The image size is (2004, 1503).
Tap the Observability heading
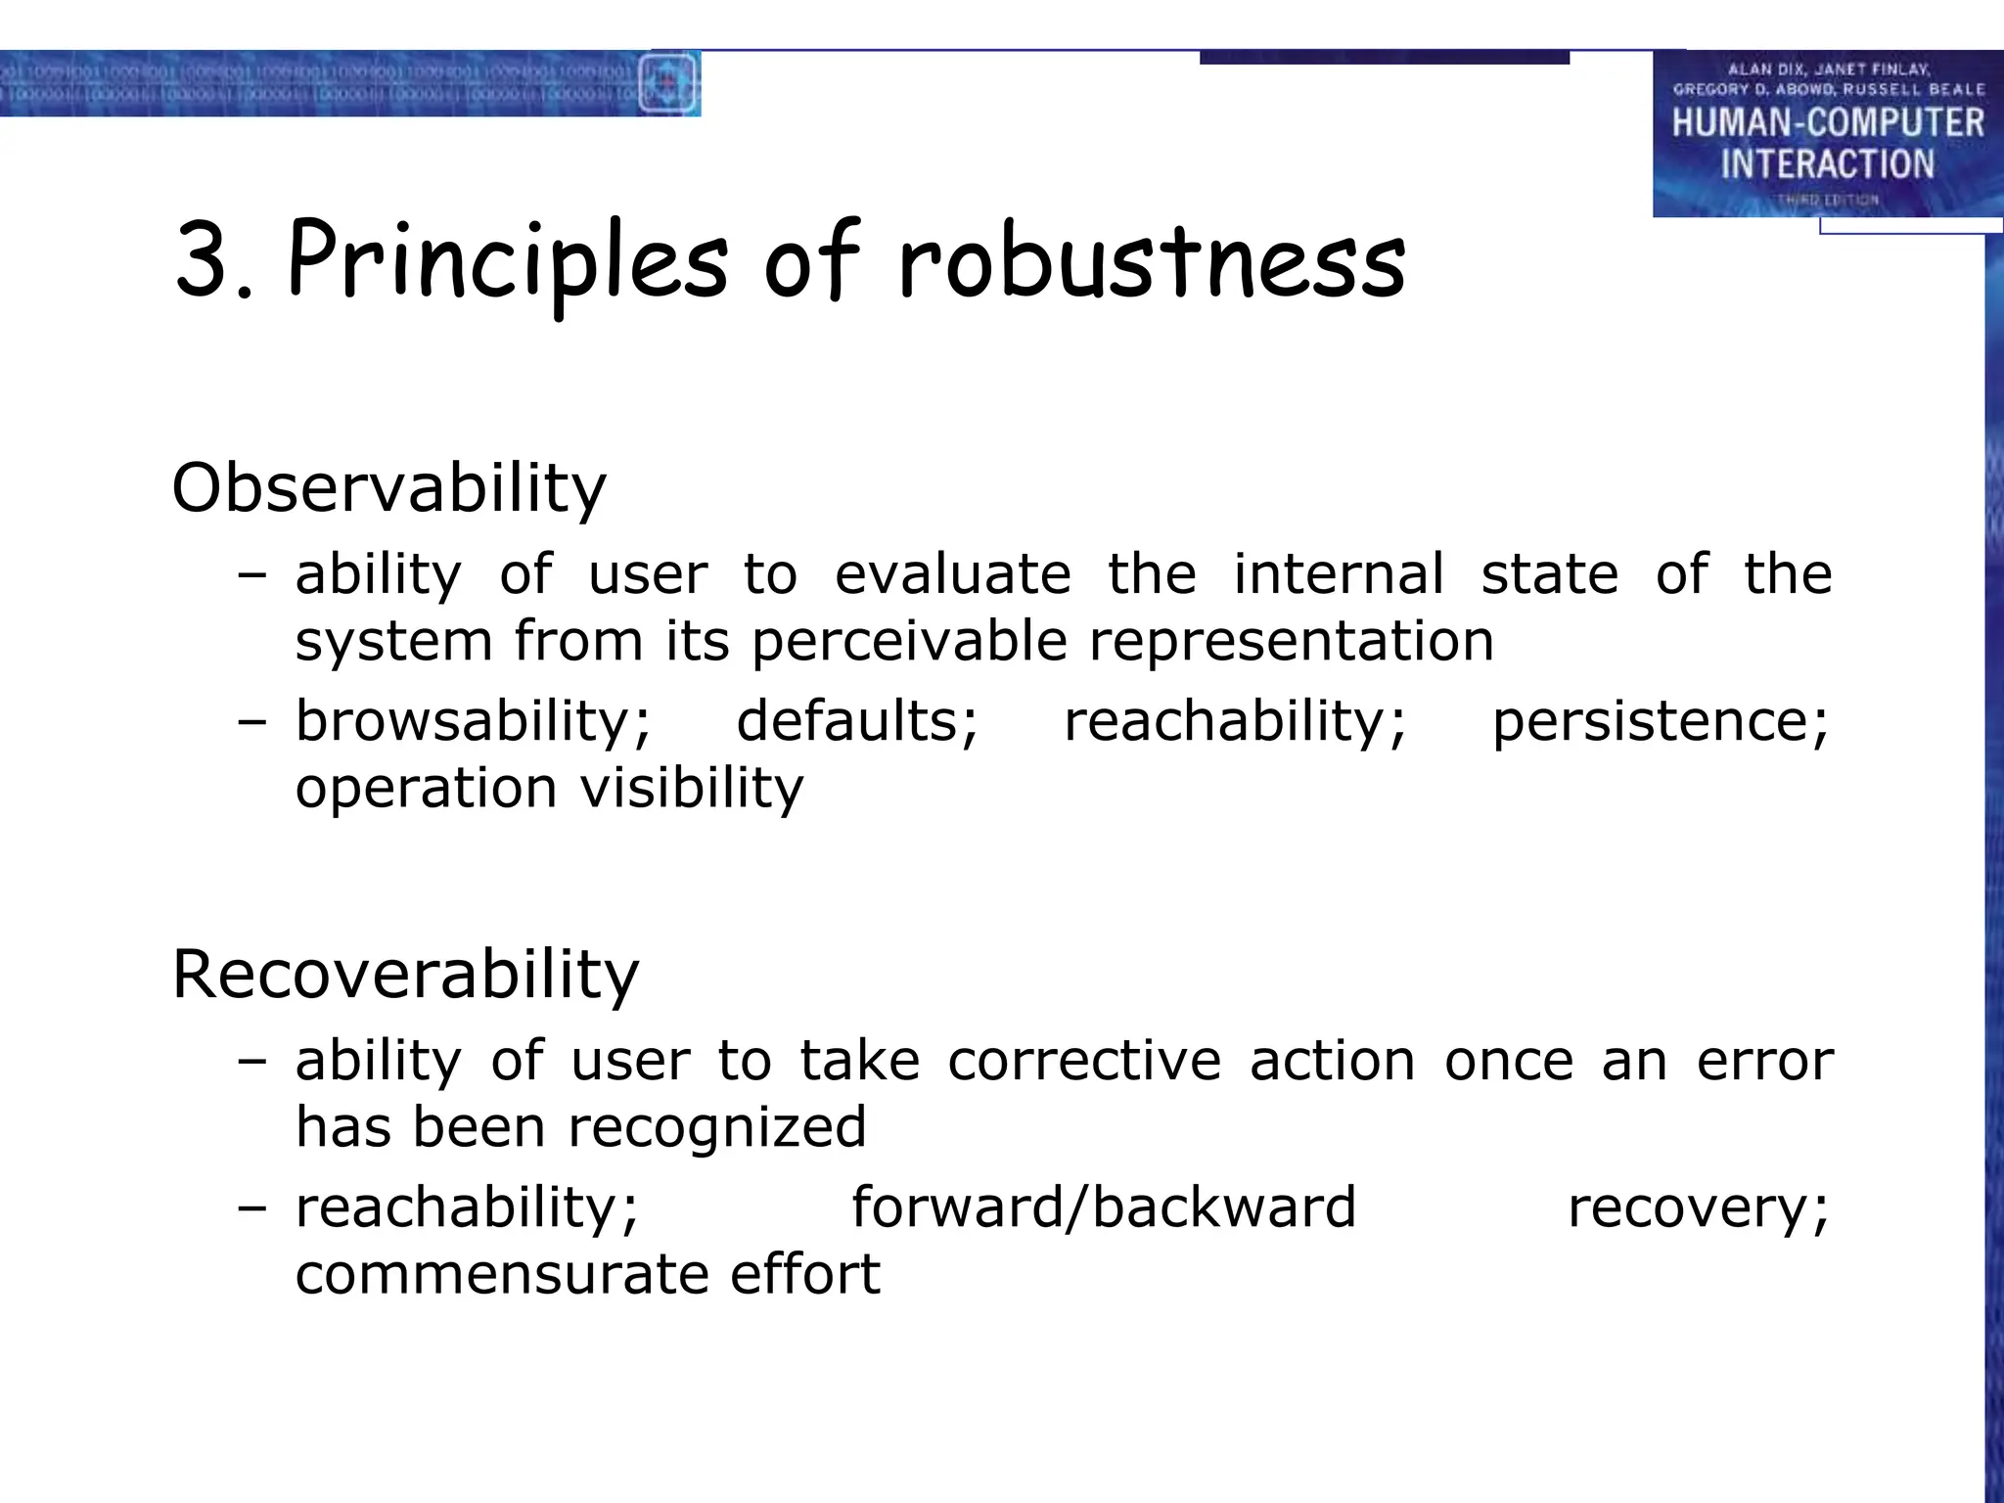pos(388,488)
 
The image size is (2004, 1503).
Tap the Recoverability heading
pos(405,975)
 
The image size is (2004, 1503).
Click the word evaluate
pos(952,573)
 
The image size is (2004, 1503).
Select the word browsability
pos(473,722)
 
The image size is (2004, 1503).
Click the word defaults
pos(856,722)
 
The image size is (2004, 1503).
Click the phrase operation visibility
pos(549,789)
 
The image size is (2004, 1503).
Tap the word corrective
pos(1084,1061)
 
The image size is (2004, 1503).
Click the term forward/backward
pos(1103,1207)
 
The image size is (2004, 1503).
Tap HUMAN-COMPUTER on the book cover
pos(1827,123)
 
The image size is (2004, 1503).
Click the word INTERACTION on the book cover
pos(1827,163)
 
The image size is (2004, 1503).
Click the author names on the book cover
pos(1827,79)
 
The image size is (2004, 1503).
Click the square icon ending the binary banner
pos(668,83)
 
